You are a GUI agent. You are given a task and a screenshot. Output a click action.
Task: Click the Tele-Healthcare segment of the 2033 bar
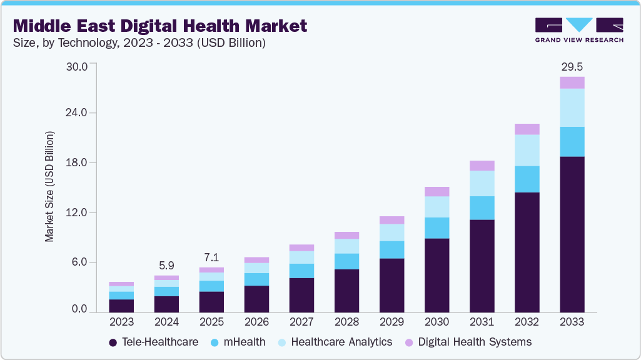tap(572, 234)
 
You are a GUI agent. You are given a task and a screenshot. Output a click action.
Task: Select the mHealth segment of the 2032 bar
tap(527, 179)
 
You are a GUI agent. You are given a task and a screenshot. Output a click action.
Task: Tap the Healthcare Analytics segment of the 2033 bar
tap(572, 107)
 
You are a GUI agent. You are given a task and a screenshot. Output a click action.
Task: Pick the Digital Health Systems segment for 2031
tap(482, 166)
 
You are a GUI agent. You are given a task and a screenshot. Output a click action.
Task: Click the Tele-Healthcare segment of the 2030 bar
tap(437, 275)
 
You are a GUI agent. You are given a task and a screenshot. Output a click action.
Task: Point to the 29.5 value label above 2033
tap(572, 66)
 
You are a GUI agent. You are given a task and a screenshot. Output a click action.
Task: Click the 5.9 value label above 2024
tap(166, 264)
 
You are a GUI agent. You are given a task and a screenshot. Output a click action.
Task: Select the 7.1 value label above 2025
tap(211, 257)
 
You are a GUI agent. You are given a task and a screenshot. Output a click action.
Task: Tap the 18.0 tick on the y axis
tap(78, 163)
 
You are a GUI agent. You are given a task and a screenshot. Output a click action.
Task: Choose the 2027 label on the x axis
tap(301, 322)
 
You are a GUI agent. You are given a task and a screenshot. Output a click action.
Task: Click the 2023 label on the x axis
tap(121, 322)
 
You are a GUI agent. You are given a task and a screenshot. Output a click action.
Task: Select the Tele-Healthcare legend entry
tap(153, 342)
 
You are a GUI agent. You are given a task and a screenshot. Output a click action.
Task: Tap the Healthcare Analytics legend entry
tap(335, 342)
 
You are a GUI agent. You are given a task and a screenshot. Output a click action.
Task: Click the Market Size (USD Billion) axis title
tap(49, 187)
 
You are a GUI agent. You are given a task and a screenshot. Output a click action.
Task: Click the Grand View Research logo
tap(578, 30)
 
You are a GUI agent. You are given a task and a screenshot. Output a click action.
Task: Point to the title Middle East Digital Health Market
tap(160, 26)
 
